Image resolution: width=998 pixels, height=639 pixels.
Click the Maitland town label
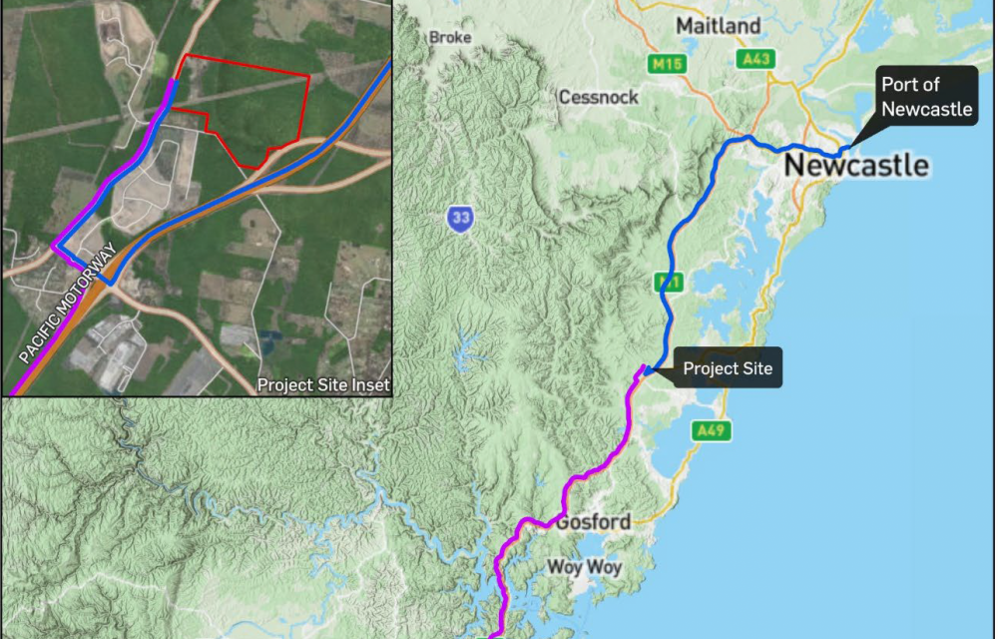(718, 25)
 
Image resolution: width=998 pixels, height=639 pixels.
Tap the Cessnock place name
(598, 98)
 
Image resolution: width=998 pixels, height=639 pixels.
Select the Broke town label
(449, 38)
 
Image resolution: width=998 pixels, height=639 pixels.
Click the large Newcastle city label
(856, 165)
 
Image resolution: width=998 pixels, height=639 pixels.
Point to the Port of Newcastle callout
(926, 97)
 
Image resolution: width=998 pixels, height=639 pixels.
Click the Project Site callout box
(727, 368)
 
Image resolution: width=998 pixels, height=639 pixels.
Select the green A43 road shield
(755, 60)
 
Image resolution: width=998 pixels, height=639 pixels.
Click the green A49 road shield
(711, 430)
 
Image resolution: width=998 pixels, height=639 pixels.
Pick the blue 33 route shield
(460, 219)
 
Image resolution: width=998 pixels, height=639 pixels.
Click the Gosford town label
(594, 522)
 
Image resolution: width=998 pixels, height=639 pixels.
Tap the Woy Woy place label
(585, 567)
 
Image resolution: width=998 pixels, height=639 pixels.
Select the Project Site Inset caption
(323, 384)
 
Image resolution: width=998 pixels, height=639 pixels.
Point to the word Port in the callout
(902, 85)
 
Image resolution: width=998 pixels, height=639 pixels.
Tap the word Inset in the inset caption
(368, 384)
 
